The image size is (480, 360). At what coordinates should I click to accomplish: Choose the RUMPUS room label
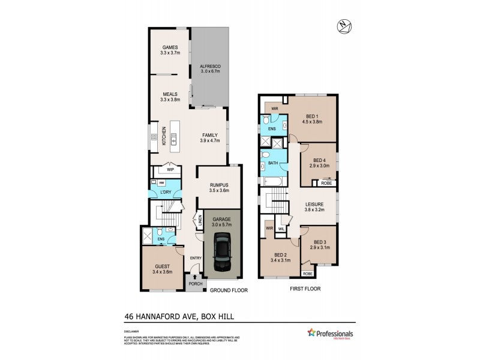(x=219, y=185)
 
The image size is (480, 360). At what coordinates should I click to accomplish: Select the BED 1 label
(x=312, y=116)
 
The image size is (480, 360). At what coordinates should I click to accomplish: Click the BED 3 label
(x=321, y=242)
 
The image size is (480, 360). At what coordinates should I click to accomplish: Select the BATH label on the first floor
(x=273, y=163)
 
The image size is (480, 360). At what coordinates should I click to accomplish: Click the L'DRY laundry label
(x=157, y=192)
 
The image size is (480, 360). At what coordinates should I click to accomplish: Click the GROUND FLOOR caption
(x=229, y=290)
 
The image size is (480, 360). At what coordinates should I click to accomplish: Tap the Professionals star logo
(x=312, y=333)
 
